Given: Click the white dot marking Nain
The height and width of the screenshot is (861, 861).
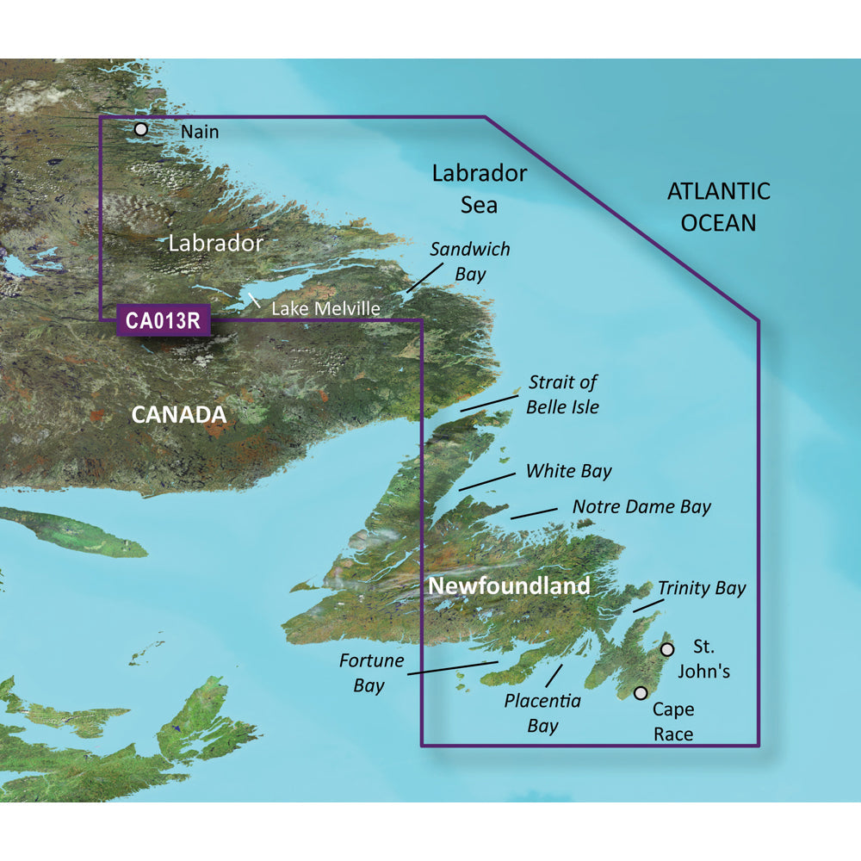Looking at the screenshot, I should tap(141, 130).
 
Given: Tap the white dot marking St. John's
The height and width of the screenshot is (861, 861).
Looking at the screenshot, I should tap(666, 649).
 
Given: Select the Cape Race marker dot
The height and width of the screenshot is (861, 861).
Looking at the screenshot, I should tap(641, 693).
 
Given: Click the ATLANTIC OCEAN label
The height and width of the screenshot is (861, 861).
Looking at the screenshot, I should tap(718, 207).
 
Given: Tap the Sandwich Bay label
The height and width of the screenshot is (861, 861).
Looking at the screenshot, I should tap(470, 262).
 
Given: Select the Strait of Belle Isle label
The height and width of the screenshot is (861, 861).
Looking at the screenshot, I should tap(562, 394).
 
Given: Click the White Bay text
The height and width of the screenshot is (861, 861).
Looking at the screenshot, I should tap(568, 471).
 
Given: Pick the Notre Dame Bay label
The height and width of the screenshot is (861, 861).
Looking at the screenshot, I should tap(641, 506).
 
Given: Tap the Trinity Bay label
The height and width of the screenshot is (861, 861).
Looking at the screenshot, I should tap(702, 589).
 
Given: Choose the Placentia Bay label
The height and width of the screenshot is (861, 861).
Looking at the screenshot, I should tap(542, 713).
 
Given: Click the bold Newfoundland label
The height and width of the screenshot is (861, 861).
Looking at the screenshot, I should tap(509, 586).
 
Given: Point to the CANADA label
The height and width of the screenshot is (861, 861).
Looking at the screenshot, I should tap(178, 415).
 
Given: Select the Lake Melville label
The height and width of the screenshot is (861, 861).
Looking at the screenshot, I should tap(325, 307).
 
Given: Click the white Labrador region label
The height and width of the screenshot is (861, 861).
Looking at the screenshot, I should tap(215, 243).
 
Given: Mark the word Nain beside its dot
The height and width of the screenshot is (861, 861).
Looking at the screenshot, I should tap(201, 132).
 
